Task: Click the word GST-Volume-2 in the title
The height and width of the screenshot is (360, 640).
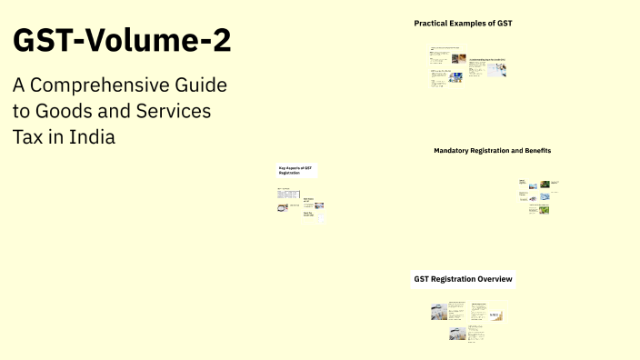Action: pyautogui.click(x=122, y=42)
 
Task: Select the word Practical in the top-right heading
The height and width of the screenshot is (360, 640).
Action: pyautogui.click(x=433, y=23)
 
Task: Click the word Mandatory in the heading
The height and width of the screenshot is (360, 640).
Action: pyautogui.click(x=454, y=150)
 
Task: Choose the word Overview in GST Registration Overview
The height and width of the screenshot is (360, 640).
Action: pyautogui.click(x=490, y=279)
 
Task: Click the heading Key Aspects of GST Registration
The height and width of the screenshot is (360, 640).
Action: pyautogui.click(x=295, y=170)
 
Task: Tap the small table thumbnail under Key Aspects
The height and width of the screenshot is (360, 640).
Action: pyautogui.click(x=284, y=207)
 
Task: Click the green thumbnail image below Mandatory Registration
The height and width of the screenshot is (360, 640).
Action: pyautogui.click(x=545, y=209)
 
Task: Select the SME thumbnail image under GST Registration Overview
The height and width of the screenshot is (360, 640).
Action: pyautogui.click(x=495, y=315)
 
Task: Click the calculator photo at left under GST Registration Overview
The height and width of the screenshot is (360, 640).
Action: pyautogui.click(x=439, y=313)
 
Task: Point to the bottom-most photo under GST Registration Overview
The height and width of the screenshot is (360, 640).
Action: pyautogui.click(x=457, y=334)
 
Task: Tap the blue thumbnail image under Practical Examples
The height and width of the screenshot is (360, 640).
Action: pyautogui.click(x=455, y=77)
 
